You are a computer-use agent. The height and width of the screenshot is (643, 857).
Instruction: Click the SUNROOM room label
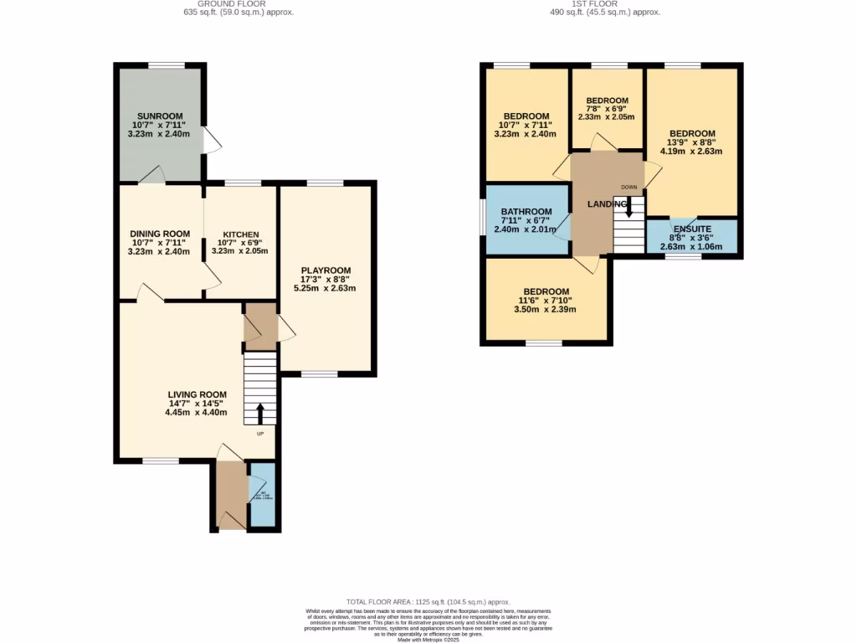[159, 116]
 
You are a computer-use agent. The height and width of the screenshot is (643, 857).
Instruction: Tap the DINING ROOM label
[159, 234]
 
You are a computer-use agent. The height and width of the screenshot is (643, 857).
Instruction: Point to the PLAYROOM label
[325, 270]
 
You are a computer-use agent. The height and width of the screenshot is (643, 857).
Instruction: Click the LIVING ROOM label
[197, 394]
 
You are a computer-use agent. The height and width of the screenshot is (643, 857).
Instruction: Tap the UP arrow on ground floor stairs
[259, 413]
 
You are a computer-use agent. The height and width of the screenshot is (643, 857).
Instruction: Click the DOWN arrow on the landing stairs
[629, 208]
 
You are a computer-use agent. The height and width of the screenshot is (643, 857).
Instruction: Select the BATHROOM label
[526, 211]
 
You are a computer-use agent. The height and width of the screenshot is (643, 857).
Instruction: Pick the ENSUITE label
[691, 228]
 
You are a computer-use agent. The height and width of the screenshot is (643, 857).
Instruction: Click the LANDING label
[607, 203]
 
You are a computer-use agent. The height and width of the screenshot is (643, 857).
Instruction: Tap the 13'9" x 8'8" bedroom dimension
[691, 142]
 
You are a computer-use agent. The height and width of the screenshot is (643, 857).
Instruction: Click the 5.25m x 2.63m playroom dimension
[325, 289]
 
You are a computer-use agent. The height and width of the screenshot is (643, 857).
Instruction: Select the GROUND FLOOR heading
[239, 3]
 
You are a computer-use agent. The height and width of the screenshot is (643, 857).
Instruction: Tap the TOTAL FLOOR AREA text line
[428, 602]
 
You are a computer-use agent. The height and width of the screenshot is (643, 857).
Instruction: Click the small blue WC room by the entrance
[262, 495]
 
